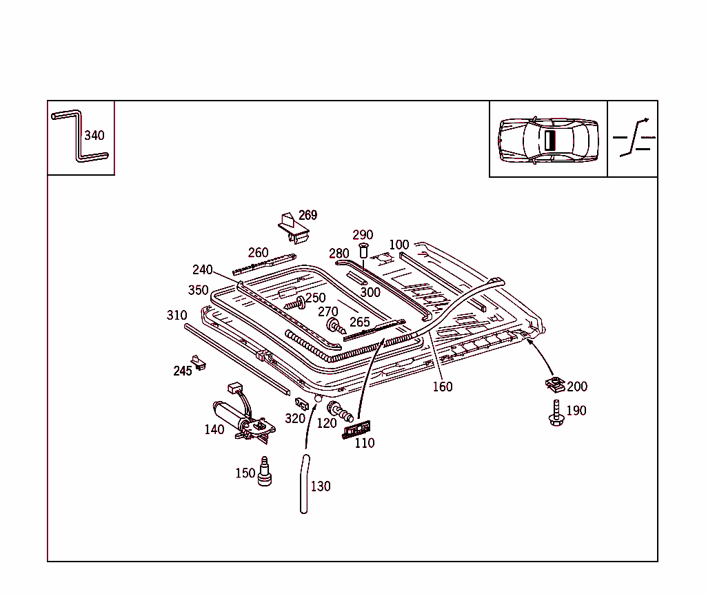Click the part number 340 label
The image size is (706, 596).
[94, 136]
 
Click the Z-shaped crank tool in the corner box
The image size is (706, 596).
[78, 135]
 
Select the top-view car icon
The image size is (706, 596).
[548, 140]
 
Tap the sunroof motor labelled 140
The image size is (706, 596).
[244, 413]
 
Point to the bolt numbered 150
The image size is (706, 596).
[264, 471]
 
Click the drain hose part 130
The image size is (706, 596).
[304, 484]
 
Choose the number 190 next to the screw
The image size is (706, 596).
[576, 411]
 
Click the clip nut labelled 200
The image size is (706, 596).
[555, 385]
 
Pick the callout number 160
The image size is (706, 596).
[443, 387]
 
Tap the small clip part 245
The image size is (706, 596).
[198, 362]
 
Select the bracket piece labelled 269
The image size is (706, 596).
[293, 227]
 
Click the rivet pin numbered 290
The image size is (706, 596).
[363, 251]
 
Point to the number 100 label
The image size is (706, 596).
[399, 245]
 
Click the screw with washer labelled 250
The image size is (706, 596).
[295, 304]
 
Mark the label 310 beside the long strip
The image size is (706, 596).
[176, 316]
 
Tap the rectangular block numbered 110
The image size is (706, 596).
[356, 429]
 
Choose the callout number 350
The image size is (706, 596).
[198, 290]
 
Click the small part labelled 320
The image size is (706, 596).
[302, 404]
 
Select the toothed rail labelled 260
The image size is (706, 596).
[264, 264]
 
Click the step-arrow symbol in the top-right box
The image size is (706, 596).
[634, 138]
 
